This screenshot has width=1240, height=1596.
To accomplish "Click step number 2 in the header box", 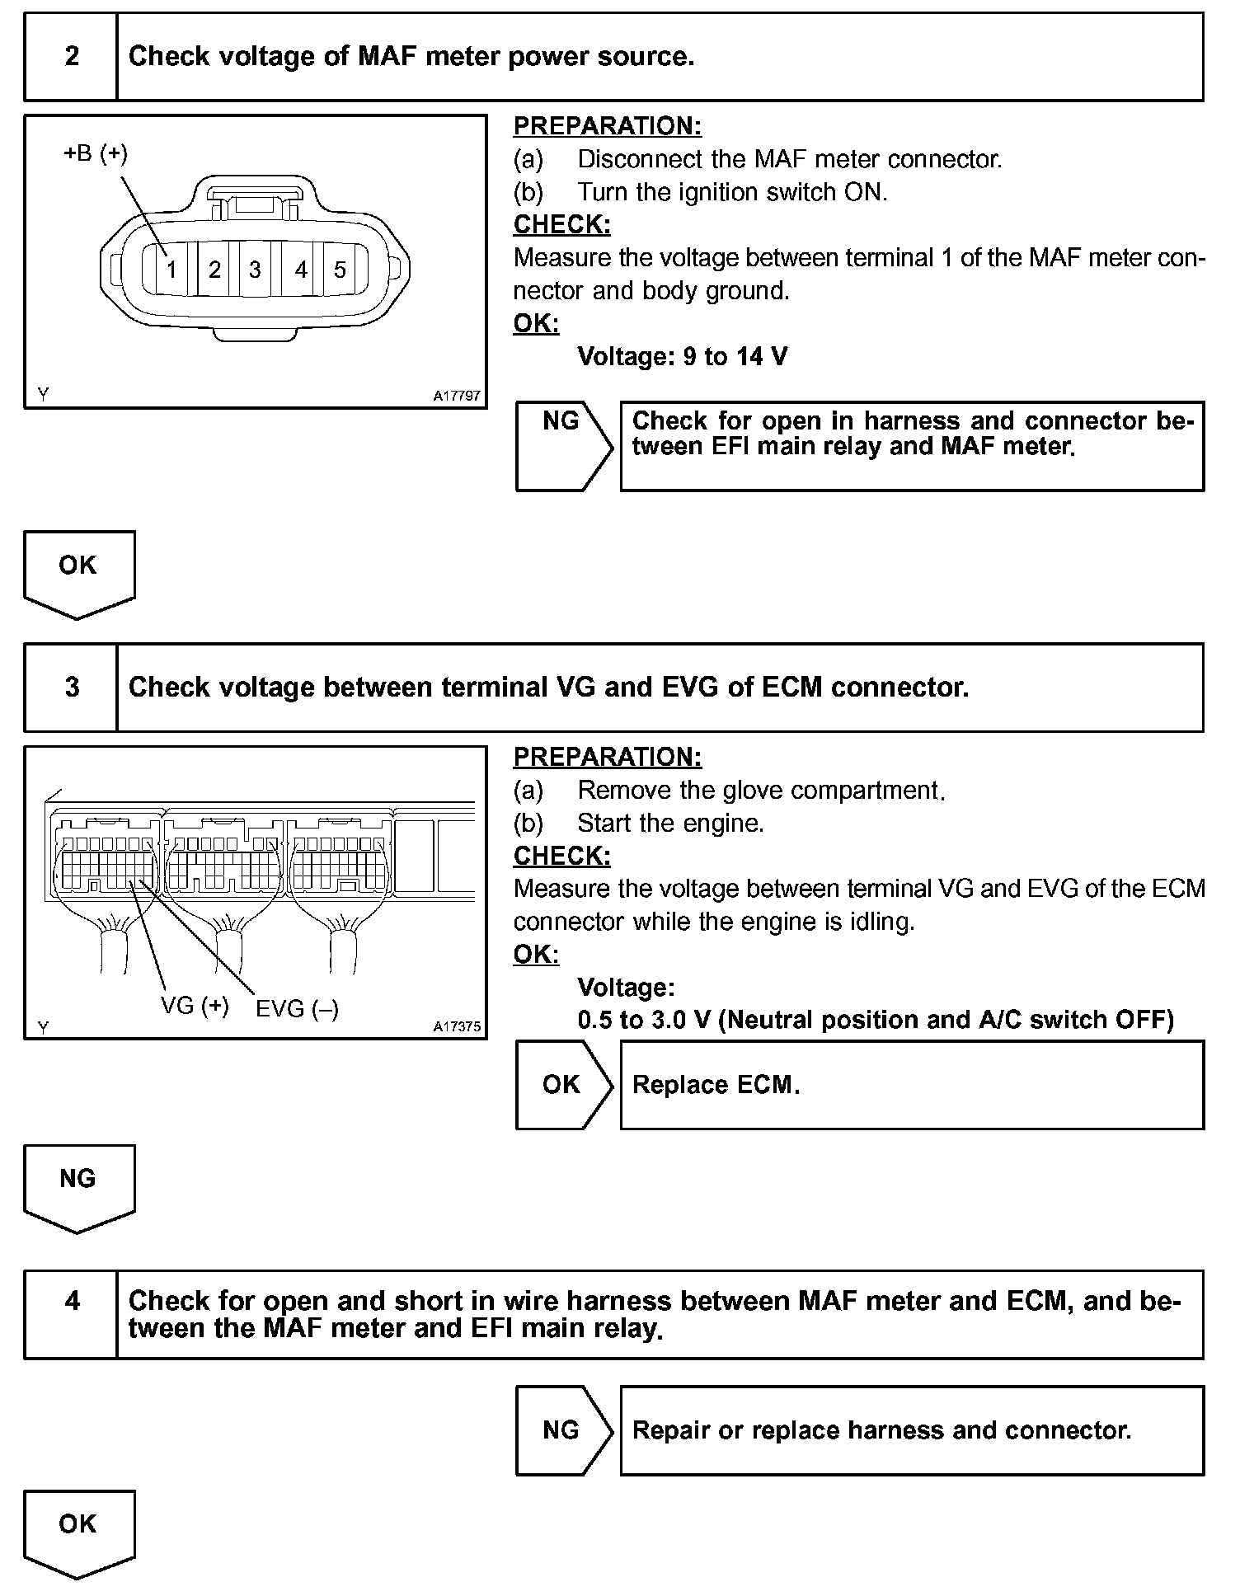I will [x=72, y=56].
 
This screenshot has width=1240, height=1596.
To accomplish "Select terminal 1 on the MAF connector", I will [x=171, y=270].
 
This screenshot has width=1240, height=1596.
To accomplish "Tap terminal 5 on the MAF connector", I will [x=340, y=270].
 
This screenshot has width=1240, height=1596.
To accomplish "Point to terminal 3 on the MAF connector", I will [x=255, y=270].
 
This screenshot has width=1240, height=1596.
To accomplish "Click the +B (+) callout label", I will [x=96, y=153].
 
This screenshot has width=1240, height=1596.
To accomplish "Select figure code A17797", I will [x=457, y=396].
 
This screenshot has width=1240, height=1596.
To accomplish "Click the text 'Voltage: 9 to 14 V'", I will [x=682, y=356].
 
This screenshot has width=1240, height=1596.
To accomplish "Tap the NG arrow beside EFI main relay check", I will [x=563, y=445].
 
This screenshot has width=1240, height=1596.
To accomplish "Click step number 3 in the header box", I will [x=72, y=687].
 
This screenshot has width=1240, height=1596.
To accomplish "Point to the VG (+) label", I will [x=195, y=1006].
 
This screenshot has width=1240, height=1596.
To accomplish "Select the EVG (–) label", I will [x=297, y=1009].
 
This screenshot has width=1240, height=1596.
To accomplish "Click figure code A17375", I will [x=457, y=1027].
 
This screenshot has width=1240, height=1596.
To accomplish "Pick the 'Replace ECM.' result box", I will [x=911, y=1085].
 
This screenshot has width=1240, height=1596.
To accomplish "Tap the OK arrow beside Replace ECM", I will [x=563, y=1085].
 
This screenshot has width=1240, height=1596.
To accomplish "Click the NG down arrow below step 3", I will [x=78, y=1186].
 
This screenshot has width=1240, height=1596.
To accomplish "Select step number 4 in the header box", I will [x=72, y=1301].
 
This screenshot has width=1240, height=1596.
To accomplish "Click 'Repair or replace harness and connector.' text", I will [x=881, y=1430].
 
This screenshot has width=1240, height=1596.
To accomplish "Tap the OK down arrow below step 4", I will [x=78, y=1532].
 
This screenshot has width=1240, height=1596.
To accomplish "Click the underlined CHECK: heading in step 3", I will [x=561, y=856].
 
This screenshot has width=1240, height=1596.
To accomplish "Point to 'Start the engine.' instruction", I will [x=670, y=823].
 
